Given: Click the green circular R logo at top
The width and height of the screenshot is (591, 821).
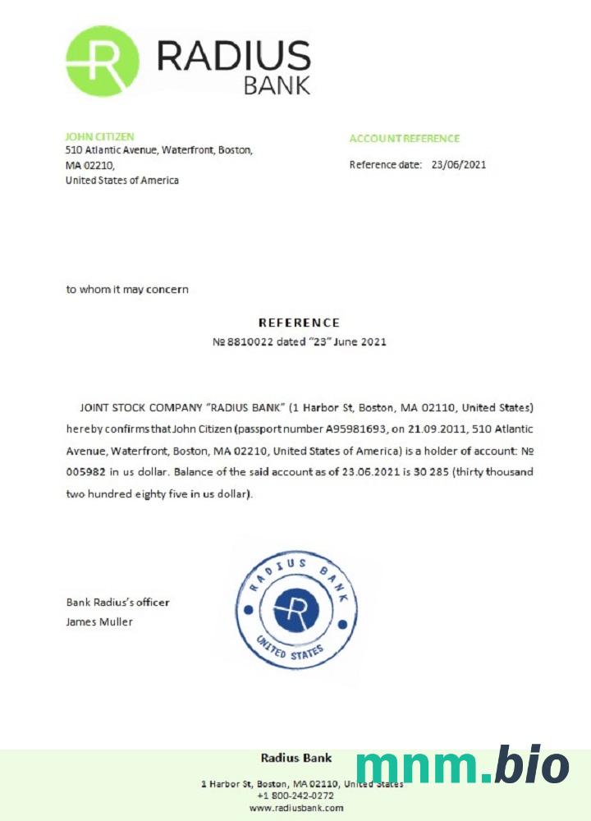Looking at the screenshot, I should click(103, 61).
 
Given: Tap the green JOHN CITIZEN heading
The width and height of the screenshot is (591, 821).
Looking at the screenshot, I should click(99, 136).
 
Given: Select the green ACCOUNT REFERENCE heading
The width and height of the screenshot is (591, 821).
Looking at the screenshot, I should click(404, 139).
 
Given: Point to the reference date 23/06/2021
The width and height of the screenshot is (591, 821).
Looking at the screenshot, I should click(459, 164).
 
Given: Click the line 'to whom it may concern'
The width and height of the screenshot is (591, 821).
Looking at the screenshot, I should click(127, 289).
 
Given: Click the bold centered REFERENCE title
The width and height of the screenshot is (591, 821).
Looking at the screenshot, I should click(299, 323).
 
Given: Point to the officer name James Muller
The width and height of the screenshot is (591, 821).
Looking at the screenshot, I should click(99, 621).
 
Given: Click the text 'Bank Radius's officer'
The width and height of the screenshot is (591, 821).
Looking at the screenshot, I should click(117, 602).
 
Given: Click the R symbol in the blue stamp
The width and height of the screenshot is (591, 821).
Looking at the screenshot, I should click(296, 609).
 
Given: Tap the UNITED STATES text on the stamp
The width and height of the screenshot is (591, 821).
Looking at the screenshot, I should click(291, 649).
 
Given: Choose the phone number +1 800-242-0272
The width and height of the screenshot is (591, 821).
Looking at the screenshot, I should click(295, 796).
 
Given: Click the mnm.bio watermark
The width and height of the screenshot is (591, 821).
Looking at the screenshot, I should click(462, 766).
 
